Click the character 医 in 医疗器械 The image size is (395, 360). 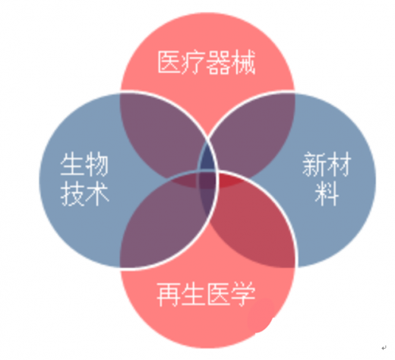coord(169,62)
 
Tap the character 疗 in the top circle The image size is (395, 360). coord(194,62)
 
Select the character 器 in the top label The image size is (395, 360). coord(218,62)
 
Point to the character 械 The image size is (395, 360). coord(243,62)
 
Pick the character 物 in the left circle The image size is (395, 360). coord(97,164)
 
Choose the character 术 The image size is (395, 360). coord(97,194)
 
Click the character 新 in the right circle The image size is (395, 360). coord(314,164)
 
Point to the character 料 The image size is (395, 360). coord(327,194)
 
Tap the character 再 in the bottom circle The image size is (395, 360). coord(169,295)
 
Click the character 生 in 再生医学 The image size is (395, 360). coord(194,295)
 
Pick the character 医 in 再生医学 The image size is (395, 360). coord(218,295)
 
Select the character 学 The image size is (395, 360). coord(243,295)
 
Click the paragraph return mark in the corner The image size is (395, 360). coord(384,348)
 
